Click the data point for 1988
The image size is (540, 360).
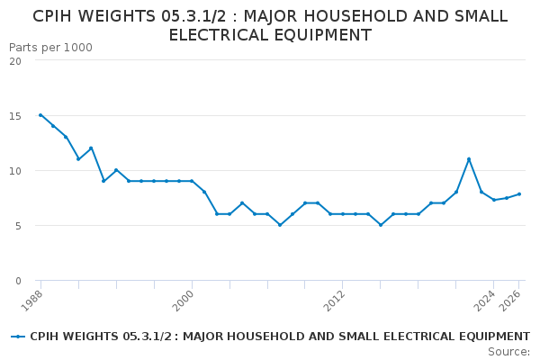click(x=40, y=115)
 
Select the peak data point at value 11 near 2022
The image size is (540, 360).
click(x=469, y=159)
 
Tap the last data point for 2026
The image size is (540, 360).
click(x=519, y=194)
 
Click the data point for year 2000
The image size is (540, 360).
click(x=192, y=181)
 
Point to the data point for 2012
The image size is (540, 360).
click(x=343, y=214)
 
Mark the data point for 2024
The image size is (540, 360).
click(x=494, y=200)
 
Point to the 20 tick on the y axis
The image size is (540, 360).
click(x=15, y=61)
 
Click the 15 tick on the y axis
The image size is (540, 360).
click(x=15, y=116)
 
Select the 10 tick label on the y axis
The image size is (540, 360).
click(x=15, y=171)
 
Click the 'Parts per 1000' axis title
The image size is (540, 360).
click(x=50, y=47)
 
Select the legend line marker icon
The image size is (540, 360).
click(x=18, y=337)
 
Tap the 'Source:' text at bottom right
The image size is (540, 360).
click(x=508, y=352)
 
